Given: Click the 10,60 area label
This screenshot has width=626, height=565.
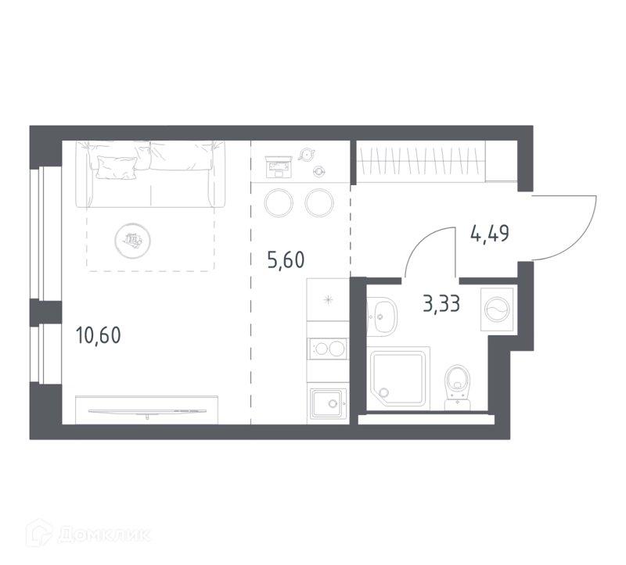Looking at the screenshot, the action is coord(99,335).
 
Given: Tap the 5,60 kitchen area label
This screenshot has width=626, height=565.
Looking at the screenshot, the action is coord(286,259).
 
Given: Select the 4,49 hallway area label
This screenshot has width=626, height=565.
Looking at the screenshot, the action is coord(490,234).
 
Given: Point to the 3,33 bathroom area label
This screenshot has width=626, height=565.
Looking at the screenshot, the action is coord(441,304).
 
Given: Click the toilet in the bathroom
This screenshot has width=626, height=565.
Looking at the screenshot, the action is coord(458,388).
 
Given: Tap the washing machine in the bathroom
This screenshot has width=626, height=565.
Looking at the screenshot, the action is coord(497,309).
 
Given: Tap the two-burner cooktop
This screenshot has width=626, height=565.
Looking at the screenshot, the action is coord(328,349).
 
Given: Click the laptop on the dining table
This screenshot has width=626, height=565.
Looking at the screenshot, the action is coord(279,166).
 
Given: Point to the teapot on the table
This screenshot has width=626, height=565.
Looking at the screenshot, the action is coord(307,154).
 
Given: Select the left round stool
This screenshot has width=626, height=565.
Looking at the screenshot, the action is coord(279,202).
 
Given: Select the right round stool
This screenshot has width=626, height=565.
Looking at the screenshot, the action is coord(319,202).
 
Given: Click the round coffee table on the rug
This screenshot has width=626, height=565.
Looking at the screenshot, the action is coord(132,241).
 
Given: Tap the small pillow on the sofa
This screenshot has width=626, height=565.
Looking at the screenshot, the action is coord(116,167).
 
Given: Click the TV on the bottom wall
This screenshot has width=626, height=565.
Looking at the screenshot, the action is coord(147,411).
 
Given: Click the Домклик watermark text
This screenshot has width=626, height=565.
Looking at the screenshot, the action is coord(104,535).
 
